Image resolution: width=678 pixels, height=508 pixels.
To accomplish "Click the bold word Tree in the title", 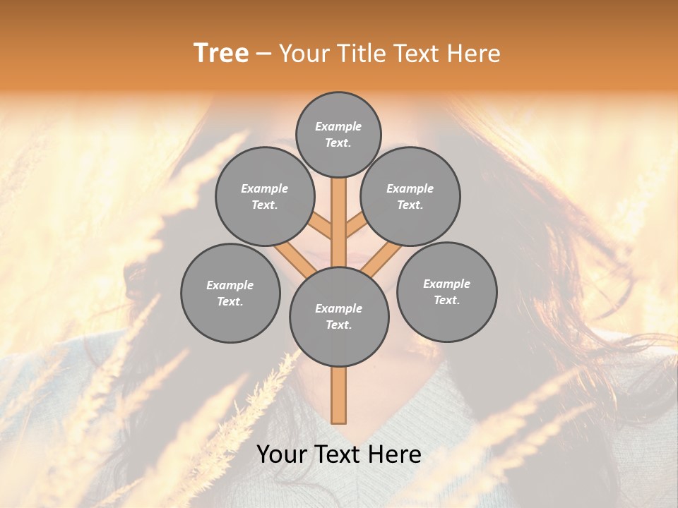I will (x=220, y=53).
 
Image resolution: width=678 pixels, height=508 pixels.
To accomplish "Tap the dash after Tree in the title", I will (x=263, y=54).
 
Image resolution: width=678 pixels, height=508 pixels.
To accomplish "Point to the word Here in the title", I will (x=475, y=53).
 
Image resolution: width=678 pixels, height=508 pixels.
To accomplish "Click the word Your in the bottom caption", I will (x=281, y=454).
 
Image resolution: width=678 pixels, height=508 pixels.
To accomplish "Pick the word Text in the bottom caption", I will (x=339, y=454).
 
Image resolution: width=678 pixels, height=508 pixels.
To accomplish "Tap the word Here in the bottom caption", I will (x=395, y=454).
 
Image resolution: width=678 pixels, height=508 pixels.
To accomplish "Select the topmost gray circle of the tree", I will (x=338, y=134).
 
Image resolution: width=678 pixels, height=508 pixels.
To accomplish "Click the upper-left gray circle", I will (x=264, y=196).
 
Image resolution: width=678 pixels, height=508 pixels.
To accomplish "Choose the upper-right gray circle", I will (x=410, y=196).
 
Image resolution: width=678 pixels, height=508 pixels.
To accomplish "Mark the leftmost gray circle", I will (x=230, y=293).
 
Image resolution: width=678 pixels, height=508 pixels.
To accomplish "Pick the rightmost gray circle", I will (x=446, y=291).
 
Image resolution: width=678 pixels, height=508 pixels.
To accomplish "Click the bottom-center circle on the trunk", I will (x=339, y=317).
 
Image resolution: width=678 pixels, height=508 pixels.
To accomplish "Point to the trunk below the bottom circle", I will (x=339, y=395).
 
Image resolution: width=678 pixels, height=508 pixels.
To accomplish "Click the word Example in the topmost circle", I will (x=338, y=127).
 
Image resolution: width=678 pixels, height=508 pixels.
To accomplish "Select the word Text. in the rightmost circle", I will (x=446, y=300).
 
